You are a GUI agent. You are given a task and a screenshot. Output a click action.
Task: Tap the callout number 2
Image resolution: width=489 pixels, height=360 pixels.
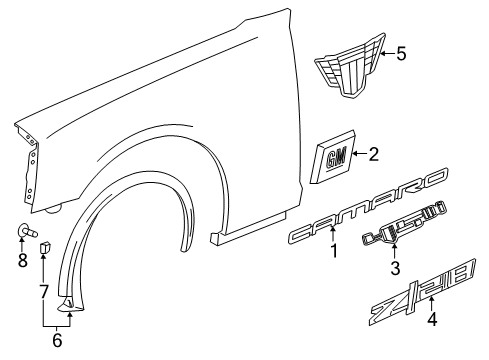tap(374, 154)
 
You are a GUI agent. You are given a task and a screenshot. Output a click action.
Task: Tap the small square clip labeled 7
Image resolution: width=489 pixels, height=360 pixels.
tap(45, 247)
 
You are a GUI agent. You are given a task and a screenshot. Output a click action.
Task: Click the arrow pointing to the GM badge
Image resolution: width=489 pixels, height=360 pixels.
tap(358, 155)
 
